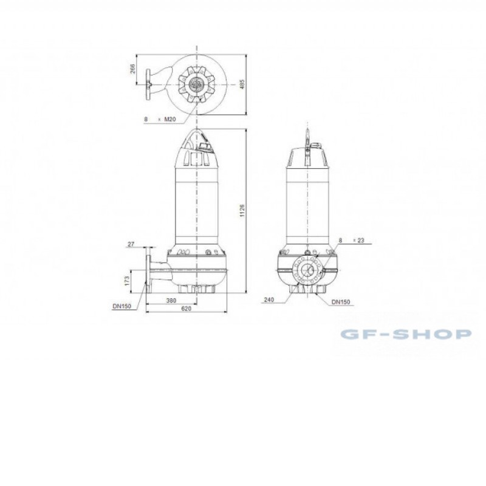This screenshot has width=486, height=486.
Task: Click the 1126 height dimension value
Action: tap(242, 210)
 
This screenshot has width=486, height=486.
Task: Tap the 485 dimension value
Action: tap(242, 84)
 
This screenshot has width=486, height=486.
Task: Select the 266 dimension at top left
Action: tap(132, 69)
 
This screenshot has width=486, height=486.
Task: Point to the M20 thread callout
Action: tap(170, 118)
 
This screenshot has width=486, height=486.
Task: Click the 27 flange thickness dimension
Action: tap(131, 244)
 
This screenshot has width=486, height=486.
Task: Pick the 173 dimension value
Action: tap(126, 281)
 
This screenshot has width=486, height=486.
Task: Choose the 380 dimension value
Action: tap(171, 300)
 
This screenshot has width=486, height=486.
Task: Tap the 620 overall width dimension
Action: tap(187, 309)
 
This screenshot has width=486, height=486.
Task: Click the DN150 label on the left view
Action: tap(122, 306)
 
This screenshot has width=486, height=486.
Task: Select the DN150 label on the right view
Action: tap(341, 302)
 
